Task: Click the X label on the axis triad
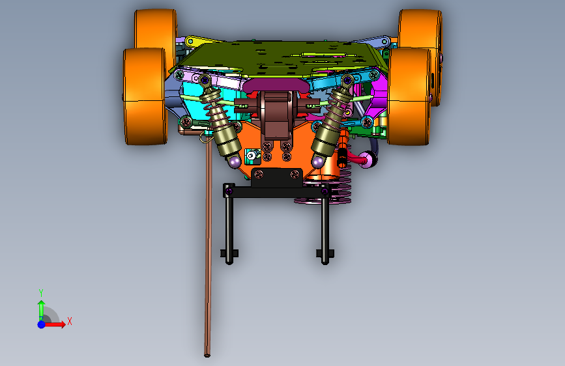coord(70,321)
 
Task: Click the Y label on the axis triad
coord(41,292)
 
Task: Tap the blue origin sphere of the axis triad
coord(42,324)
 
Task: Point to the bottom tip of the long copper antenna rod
coord(207,356)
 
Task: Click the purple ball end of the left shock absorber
coord(235,162)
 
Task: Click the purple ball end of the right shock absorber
coord(318,162)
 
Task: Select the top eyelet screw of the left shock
coord(205,79)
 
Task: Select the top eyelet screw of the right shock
coord(347,79)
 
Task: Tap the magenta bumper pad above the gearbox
coord(276,86)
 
